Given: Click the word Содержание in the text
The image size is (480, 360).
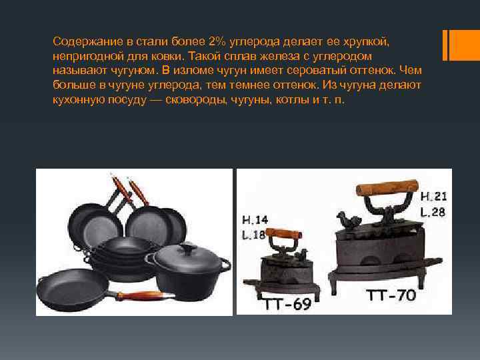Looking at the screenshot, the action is (x=88, y=41).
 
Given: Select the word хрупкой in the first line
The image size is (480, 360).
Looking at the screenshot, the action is (x=366, y=42).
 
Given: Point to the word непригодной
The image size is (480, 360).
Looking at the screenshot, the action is (x=86, y=57).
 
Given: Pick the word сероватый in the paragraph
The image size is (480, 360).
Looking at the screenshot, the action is (x=316, y=71).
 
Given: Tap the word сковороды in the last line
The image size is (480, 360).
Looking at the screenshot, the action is (x=196, y=100).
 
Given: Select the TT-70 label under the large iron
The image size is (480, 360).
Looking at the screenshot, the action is (x=391, y=295).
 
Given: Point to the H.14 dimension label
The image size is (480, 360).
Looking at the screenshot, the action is (x=255, y=219).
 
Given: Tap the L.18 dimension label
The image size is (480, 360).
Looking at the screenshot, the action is (x=253, y=235).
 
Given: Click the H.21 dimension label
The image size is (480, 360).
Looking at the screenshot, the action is (x=433, y=196).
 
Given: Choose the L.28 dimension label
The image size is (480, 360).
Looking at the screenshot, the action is (x=433, y=212).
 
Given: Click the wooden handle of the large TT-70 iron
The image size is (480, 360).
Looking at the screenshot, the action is (x=387, y=187).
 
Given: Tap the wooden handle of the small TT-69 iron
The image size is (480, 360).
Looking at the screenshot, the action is (x=283, y=234).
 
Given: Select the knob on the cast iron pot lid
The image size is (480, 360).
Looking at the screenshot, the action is (x=187, y=246).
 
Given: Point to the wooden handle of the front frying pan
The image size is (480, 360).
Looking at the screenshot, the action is (x=143, y=295).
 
